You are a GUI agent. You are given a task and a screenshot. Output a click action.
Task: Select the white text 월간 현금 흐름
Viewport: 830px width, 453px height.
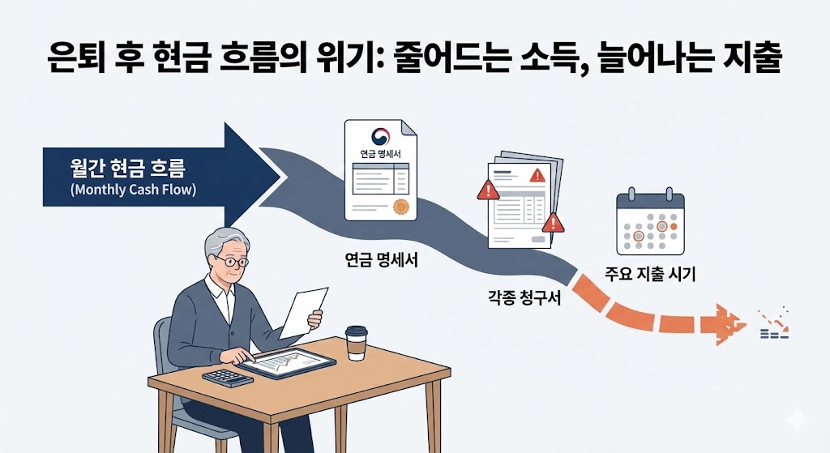[x=127, y=169]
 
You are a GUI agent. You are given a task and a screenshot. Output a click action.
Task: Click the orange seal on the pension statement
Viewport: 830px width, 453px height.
[x=399, y=206]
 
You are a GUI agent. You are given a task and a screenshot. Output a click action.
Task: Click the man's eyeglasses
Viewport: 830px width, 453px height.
[x=231, y=262]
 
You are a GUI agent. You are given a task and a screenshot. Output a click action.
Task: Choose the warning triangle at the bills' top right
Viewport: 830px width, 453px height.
[x=536, y=174]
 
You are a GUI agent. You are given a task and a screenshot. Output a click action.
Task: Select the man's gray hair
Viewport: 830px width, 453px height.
[x=225, y=241]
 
